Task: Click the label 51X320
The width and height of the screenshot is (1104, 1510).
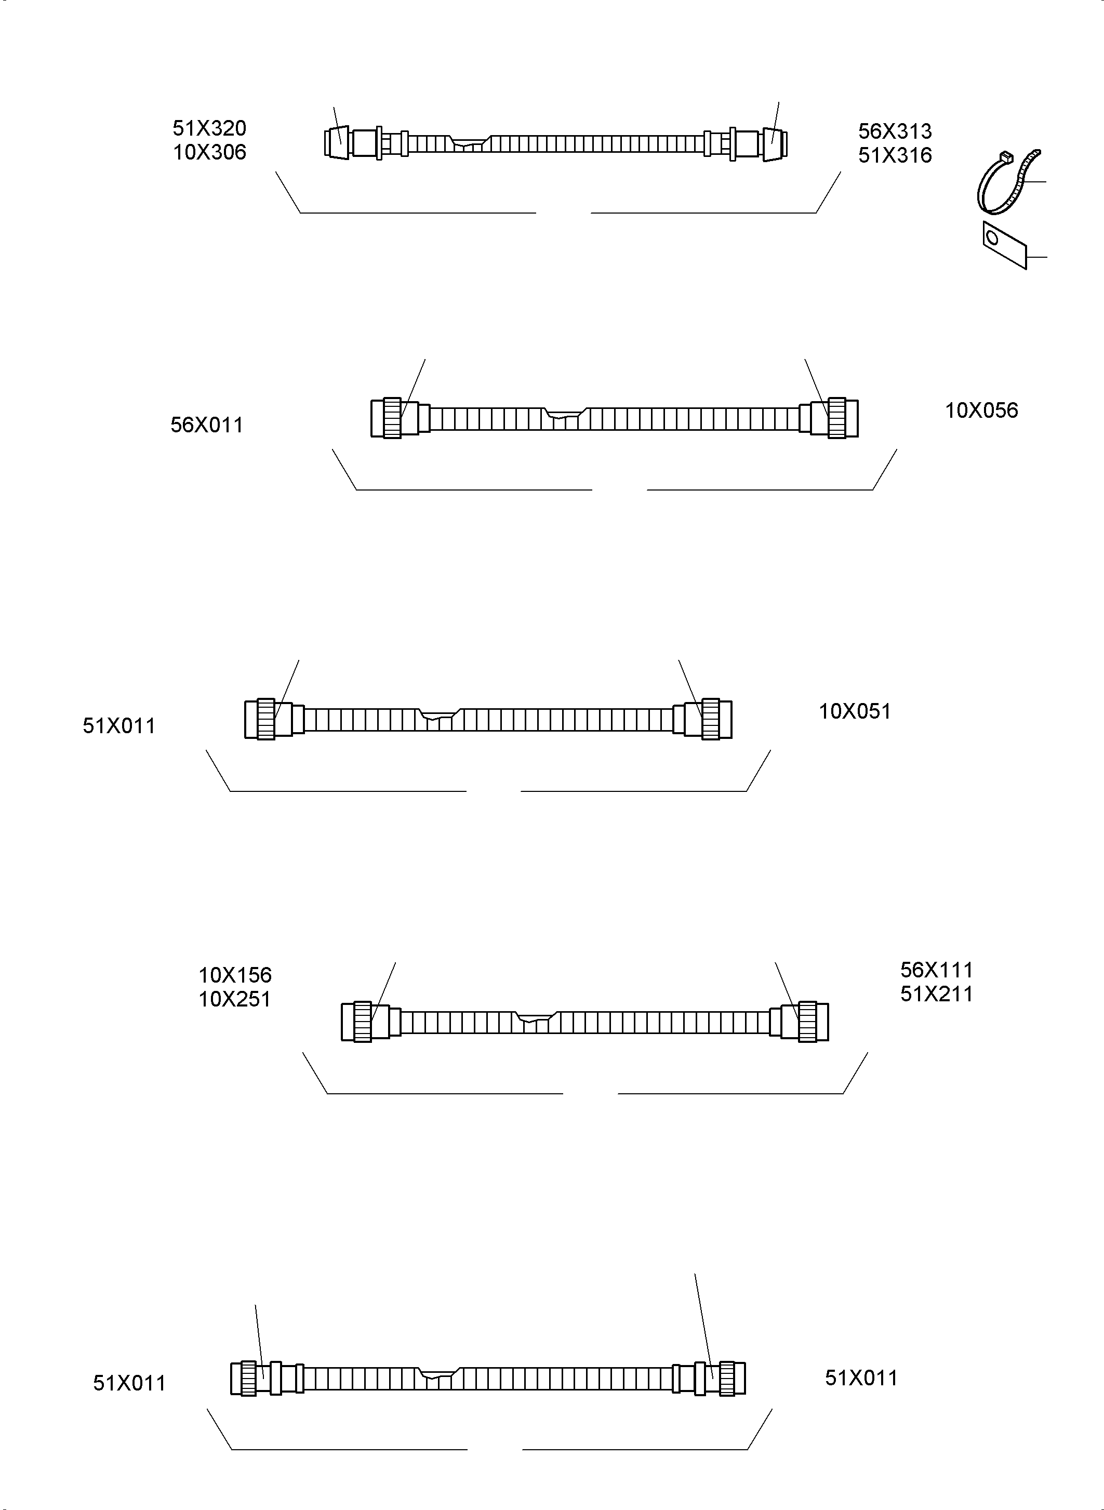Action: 209,128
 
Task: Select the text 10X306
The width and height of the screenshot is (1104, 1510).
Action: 209,152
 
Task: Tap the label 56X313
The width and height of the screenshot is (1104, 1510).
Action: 895,131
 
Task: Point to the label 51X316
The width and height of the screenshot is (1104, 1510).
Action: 895,155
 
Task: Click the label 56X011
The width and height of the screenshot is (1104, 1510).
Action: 206,425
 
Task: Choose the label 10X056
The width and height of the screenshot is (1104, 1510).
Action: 981,410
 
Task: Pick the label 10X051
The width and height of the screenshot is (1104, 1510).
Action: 855,711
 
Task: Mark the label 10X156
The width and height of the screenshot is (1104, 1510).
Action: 234,975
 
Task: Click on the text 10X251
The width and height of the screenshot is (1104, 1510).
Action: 234,999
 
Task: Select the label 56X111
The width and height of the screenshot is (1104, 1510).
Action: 936,970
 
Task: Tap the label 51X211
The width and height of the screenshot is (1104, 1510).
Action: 936,994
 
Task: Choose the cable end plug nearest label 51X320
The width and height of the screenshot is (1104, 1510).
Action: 338,143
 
